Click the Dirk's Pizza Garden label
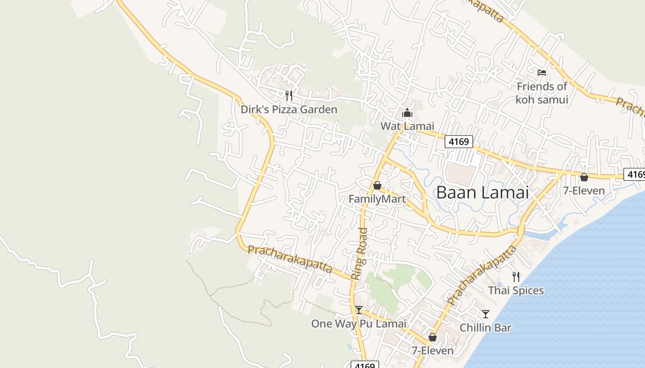289,109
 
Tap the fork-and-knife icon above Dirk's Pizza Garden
289,96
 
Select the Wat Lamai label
407,126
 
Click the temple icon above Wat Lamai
407,113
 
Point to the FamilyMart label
377,199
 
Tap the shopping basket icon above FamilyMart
377,185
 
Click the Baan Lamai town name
482,192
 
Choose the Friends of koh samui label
542,93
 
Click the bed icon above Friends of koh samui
542,73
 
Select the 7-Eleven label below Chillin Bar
433,351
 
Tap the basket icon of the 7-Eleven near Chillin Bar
433,337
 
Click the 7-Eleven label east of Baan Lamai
584,190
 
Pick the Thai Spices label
516,291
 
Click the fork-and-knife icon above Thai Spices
516,277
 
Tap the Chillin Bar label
486,328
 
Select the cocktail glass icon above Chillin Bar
486,314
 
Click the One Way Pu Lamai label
359,323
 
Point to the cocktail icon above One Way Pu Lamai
359,310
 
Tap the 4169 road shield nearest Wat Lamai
459,142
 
